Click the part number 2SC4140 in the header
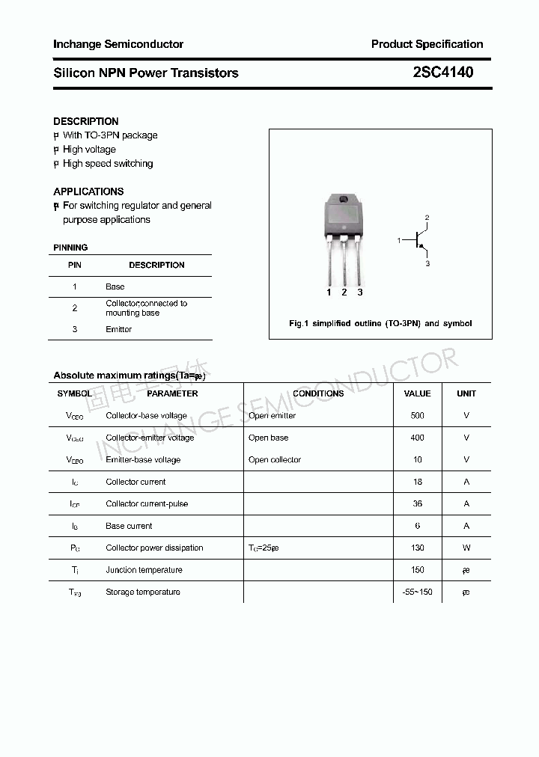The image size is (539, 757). (x=442, y=73)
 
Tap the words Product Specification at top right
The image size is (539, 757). (x=427, y=44)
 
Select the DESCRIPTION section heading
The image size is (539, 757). (x=86, y=121)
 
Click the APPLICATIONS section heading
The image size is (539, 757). (x=88, y=191)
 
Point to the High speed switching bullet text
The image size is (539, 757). (x=108, y=164)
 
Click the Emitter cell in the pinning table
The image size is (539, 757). (x=118, y=329)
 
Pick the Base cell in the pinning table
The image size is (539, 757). (x=115, y=286)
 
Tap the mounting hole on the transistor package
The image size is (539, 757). (x=344, y=200)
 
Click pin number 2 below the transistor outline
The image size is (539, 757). (x=344, y=292)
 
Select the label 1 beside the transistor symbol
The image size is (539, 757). (x=399, y=240)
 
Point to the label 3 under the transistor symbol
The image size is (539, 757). (x=427, y=264)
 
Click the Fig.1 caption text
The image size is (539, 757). (x=380, y=323)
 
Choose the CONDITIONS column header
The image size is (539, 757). (x=318, y=393)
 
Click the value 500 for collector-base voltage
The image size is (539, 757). (x=417, y=415)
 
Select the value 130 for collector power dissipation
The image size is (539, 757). (x=417, y=548)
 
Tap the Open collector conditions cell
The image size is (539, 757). (x=275, y=459)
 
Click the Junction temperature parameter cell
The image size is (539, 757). (x=144, y=570)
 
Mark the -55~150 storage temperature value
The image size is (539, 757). (x=417, y=592)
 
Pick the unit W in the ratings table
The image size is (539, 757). (x=466, y=548)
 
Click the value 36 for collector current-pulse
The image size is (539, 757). (x=417, y=503)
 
